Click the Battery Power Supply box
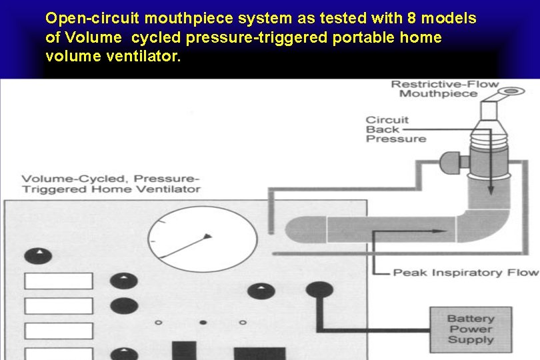pos(471,329)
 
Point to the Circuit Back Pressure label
pos(395,129)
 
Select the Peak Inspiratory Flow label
pos(465,272)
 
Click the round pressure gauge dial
pos(203,237)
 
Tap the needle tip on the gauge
pos(209,235)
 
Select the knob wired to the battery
pos(319,290)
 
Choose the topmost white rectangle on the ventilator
pos(58,281)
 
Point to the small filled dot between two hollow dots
pos(203,323)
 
